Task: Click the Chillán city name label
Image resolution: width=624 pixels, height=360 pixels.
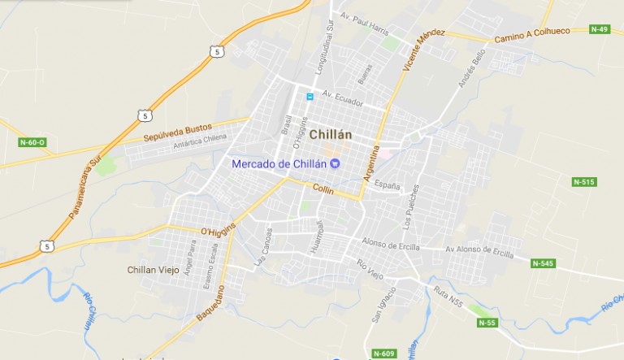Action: tap(336, 135)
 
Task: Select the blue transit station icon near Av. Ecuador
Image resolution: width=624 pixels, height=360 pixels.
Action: tap(310, 97)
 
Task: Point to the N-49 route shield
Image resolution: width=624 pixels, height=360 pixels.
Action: tap(600, 29)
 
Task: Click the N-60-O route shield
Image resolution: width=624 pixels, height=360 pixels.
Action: tap(32, 142)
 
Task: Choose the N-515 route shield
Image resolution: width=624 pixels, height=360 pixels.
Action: tap(583, 181)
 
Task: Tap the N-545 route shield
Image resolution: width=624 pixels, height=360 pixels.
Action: tap(543, 263)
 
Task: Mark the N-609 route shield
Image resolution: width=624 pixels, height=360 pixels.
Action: tap(383, 353)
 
